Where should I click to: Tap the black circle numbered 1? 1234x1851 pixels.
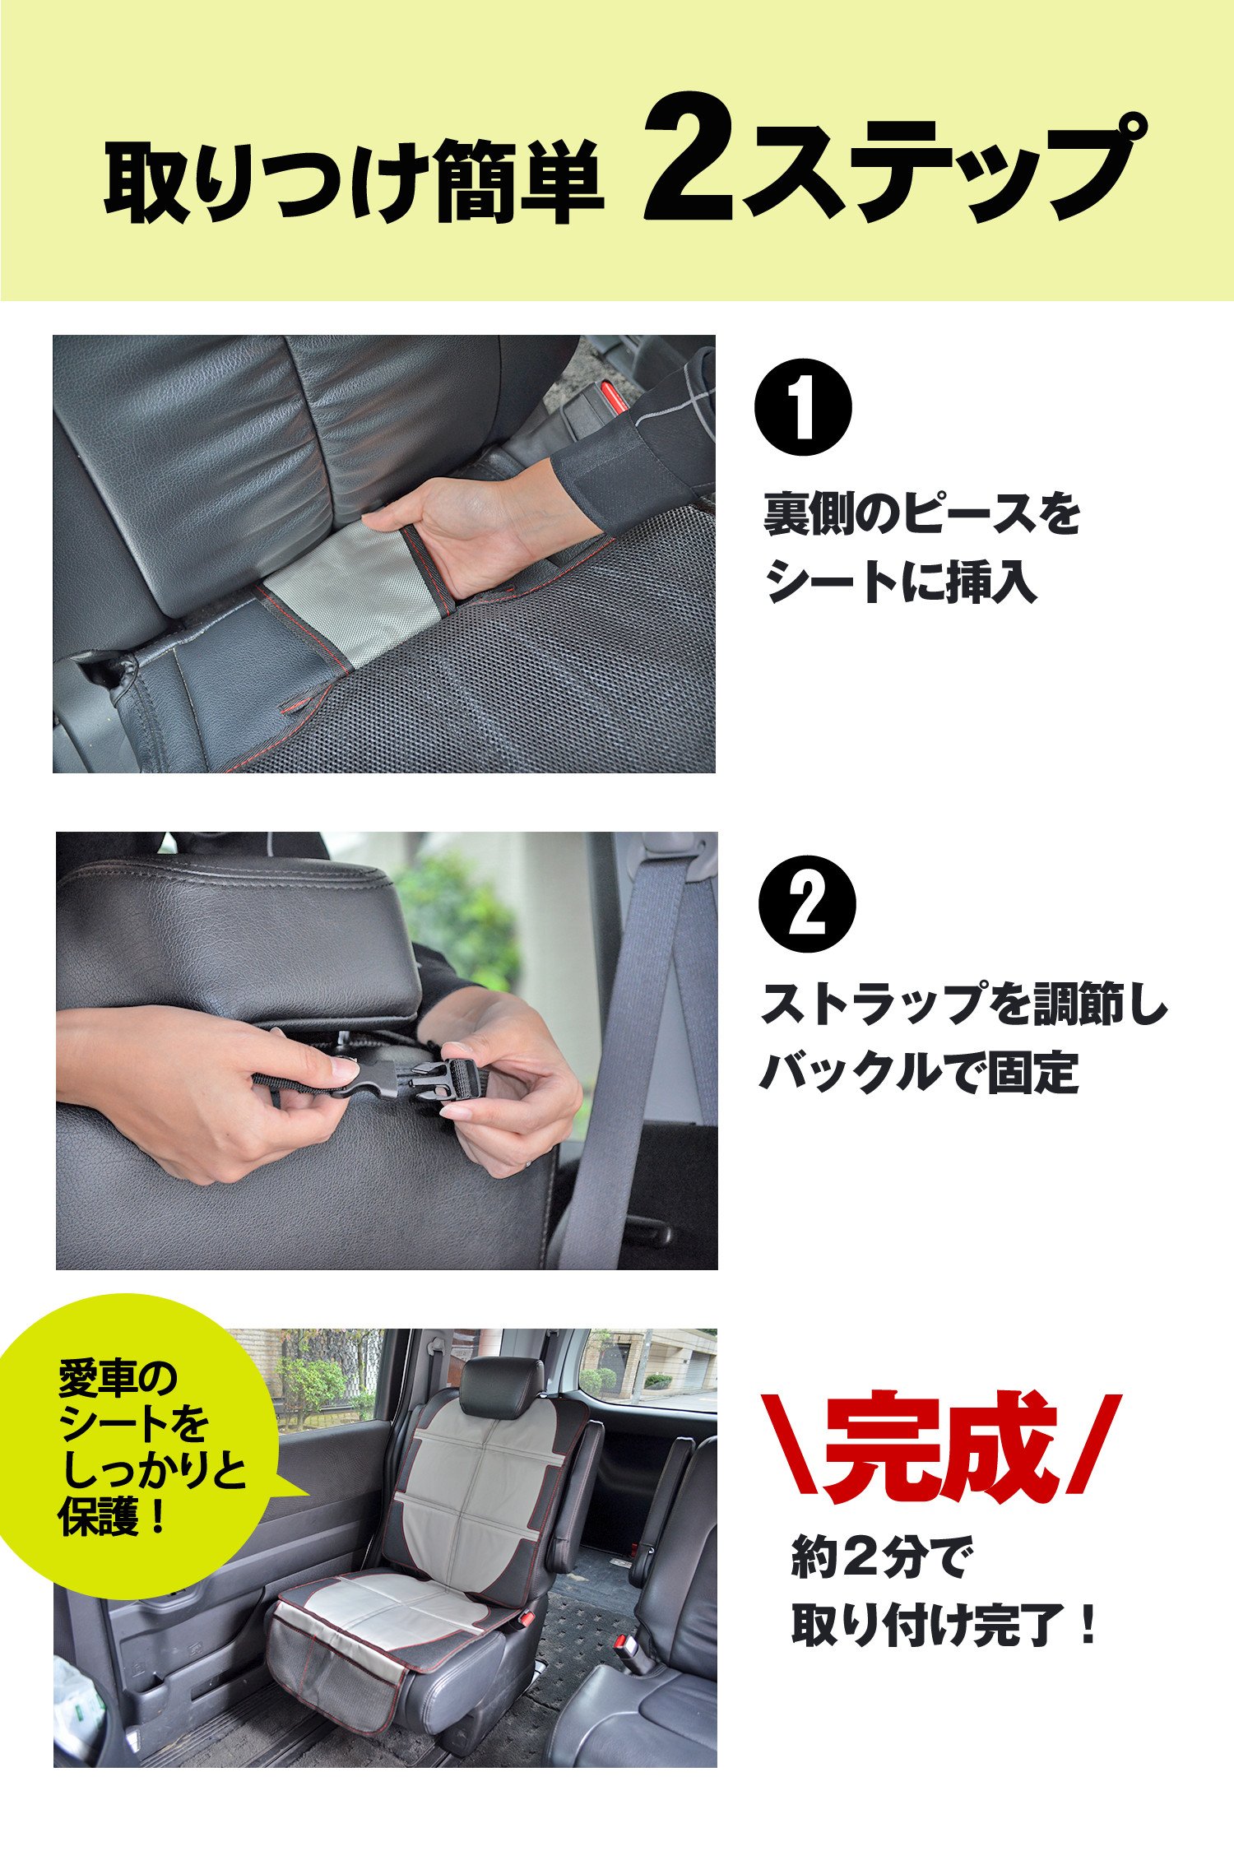click(x=803, y=407)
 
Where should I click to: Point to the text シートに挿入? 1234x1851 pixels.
click(x=900, y=582)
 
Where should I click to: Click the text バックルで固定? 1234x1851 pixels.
click(x=918, y=1072)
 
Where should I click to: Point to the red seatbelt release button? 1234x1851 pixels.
click(x=610, y=397)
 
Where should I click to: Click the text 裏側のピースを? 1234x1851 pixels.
click(x=921, y=513)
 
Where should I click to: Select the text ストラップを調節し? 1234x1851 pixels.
click(x=963, y=1004)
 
